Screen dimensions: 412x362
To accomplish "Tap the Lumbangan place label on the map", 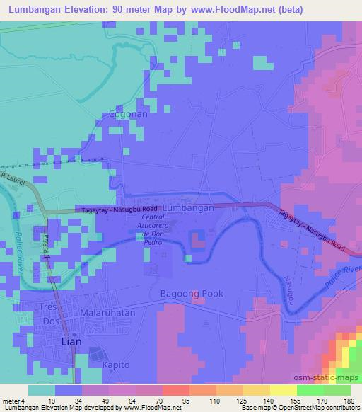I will pos(187,208).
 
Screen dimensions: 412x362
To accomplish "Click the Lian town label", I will pos(68,341).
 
